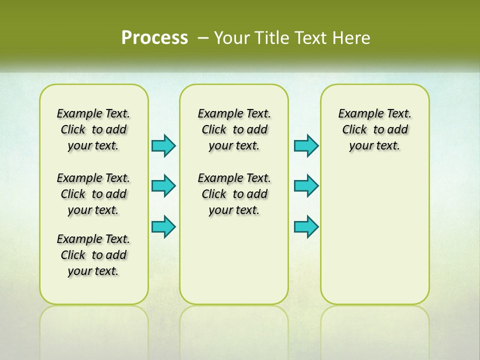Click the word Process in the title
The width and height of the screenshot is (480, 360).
[154, 37]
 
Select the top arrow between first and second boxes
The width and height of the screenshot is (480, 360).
[163, 145]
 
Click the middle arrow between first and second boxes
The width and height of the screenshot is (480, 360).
[163, 186]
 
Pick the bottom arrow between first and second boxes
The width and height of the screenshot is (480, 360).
[163, 226]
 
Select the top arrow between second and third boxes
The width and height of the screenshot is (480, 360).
[306, 145]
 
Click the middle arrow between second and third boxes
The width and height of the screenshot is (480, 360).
[306, 186]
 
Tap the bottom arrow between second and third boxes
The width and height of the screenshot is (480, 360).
[306, 226]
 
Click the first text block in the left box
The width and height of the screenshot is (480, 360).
[93, 129]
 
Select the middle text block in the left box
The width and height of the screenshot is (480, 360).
[93, 194]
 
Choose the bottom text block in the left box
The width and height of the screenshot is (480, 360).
[93, 255]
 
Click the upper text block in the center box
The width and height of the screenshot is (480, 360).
[234, 129]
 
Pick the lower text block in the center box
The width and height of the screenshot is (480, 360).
[234, 194]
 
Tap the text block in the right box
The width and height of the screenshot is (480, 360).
[374, 129]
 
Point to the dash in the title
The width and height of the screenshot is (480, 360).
[203, 38]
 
